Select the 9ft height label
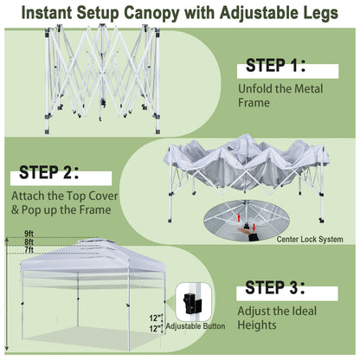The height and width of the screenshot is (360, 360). [x=29, y=235]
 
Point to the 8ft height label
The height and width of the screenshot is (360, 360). [x=29, y=243]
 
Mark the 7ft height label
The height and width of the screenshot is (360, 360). [x=29, y=252]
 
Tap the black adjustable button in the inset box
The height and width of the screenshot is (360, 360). [x=190, y=304]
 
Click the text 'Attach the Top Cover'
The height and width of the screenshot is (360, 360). [x=61, y=196]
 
